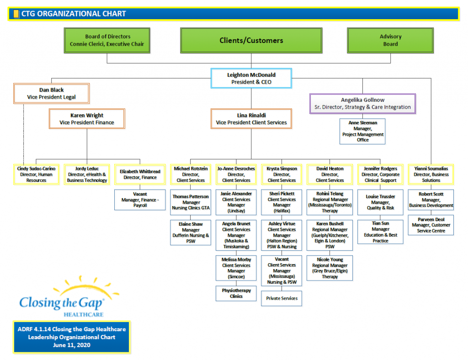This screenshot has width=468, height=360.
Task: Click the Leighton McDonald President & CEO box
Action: (251, 78)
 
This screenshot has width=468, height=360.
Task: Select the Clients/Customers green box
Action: (251, 40)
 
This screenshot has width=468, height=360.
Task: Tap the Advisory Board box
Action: (390, 40)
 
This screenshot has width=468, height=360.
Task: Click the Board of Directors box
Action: (107, 40)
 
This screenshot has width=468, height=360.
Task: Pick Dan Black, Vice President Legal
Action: (51, 93)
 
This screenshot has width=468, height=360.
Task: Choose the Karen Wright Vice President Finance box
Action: (87, 119)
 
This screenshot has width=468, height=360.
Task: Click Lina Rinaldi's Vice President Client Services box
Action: (251, 119)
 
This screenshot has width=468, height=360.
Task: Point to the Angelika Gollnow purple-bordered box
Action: (362, 104)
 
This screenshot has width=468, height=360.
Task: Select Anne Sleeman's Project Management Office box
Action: (362, 131)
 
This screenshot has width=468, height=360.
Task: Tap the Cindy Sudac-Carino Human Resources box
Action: (36, 175)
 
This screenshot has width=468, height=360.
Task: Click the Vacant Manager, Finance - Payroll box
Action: (140, 200)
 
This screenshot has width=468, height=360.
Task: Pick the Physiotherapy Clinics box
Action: (236, 293)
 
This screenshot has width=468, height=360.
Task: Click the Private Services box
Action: (282, 298)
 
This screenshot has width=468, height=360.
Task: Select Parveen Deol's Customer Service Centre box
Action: (431, 225)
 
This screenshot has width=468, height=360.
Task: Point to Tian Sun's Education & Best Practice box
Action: (380, 232)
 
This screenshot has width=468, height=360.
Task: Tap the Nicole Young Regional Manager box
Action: (330, 268)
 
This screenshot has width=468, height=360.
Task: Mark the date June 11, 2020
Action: (72, 345)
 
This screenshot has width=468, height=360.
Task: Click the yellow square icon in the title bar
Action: (16, 14)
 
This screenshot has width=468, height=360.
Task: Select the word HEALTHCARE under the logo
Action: (84, 314)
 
